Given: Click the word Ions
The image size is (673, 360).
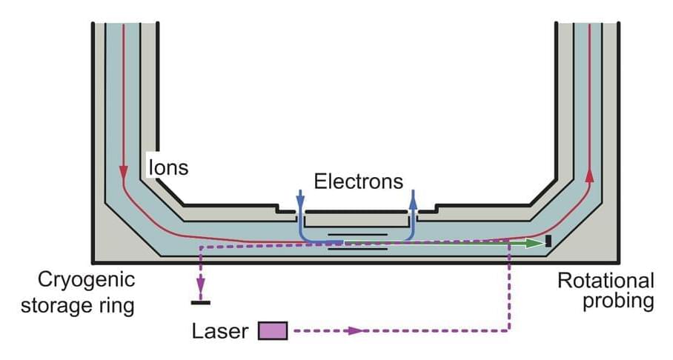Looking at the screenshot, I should (168, 167).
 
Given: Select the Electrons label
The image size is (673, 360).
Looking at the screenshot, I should (359, 181).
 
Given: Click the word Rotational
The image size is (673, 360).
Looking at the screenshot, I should (606, 281).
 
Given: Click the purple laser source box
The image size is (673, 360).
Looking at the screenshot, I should (272, 331).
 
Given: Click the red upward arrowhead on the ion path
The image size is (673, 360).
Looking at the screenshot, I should (590, 175).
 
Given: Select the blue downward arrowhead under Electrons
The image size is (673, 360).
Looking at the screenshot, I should (299, 198).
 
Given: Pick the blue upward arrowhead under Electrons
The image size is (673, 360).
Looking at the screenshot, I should (414, 198).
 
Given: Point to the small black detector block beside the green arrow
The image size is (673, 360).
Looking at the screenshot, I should (548, 241).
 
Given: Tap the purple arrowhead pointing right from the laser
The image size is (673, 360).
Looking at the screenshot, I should (357, 330).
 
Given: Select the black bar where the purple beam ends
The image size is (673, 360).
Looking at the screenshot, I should (200, 302).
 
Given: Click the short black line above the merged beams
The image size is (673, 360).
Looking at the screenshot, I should (358, 234).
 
